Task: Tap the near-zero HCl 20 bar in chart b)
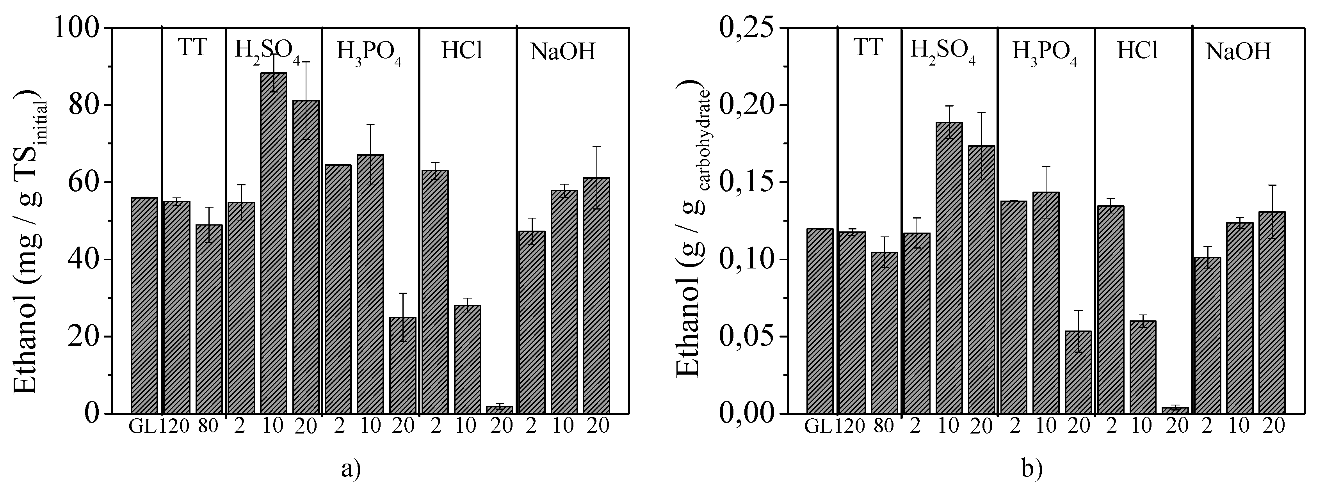(x=1175, y=410)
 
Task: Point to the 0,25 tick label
(x=744, y=28)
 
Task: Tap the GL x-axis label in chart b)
(x=819, y=426)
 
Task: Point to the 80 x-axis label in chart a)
(x=208, y=426)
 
